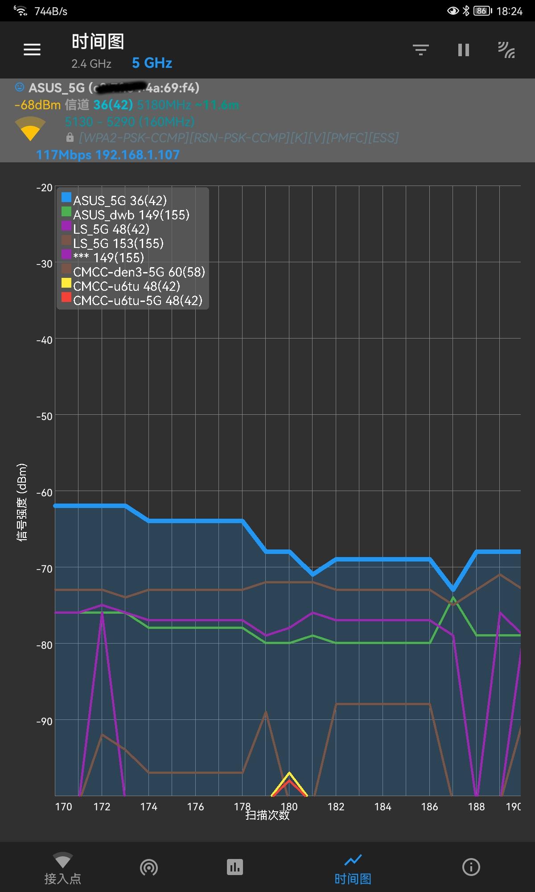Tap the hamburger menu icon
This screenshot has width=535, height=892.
32,50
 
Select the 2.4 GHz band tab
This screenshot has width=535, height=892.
91,64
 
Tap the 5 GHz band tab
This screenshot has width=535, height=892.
152,63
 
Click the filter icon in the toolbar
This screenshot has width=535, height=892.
420,50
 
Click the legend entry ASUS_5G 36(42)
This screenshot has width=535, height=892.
119,201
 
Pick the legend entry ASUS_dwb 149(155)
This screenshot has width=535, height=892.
131,215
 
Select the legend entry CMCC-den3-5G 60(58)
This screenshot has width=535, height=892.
139,272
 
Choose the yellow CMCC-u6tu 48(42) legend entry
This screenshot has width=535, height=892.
126,286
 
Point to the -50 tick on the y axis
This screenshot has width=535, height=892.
45,417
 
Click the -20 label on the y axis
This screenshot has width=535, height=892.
45,188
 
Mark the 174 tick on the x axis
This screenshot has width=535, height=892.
148,807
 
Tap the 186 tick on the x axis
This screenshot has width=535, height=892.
429,807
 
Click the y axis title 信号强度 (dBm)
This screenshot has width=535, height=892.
22,502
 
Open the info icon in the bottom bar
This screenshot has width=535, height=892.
471,867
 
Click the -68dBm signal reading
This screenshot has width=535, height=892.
37,105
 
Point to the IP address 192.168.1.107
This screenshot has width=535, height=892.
138,155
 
